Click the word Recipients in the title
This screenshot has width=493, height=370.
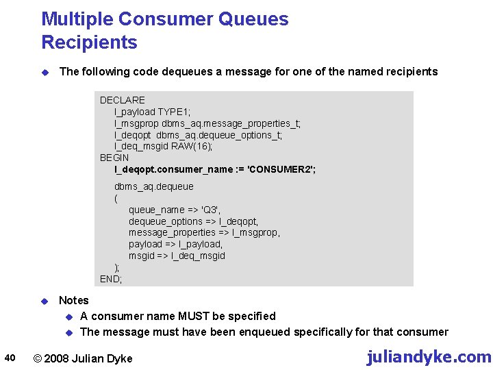[x=89, y=42]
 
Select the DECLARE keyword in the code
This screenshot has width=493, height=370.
[x=123, y=100]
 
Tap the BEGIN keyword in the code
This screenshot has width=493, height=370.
[x=114, y=158]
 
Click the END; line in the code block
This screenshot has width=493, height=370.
[x=111, y=279]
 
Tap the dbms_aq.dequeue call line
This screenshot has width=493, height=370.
[x=153, y=186]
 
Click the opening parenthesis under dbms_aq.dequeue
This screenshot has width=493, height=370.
[x=116, y=198]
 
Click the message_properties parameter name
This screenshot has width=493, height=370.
[x=171, y=232]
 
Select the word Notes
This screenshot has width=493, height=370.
[x=74, y=300]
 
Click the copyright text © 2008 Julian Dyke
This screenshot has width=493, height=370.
[x=83, y=358]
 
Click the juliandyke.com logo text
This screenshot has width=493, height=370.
[x=429, y=357]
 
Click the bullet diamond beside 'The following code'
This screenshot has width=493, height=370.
[x=44, y=72]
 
